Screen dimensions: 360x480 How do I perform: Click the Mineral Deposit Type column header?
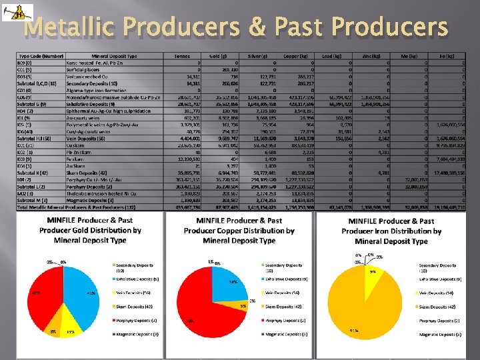coord(114,57)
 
